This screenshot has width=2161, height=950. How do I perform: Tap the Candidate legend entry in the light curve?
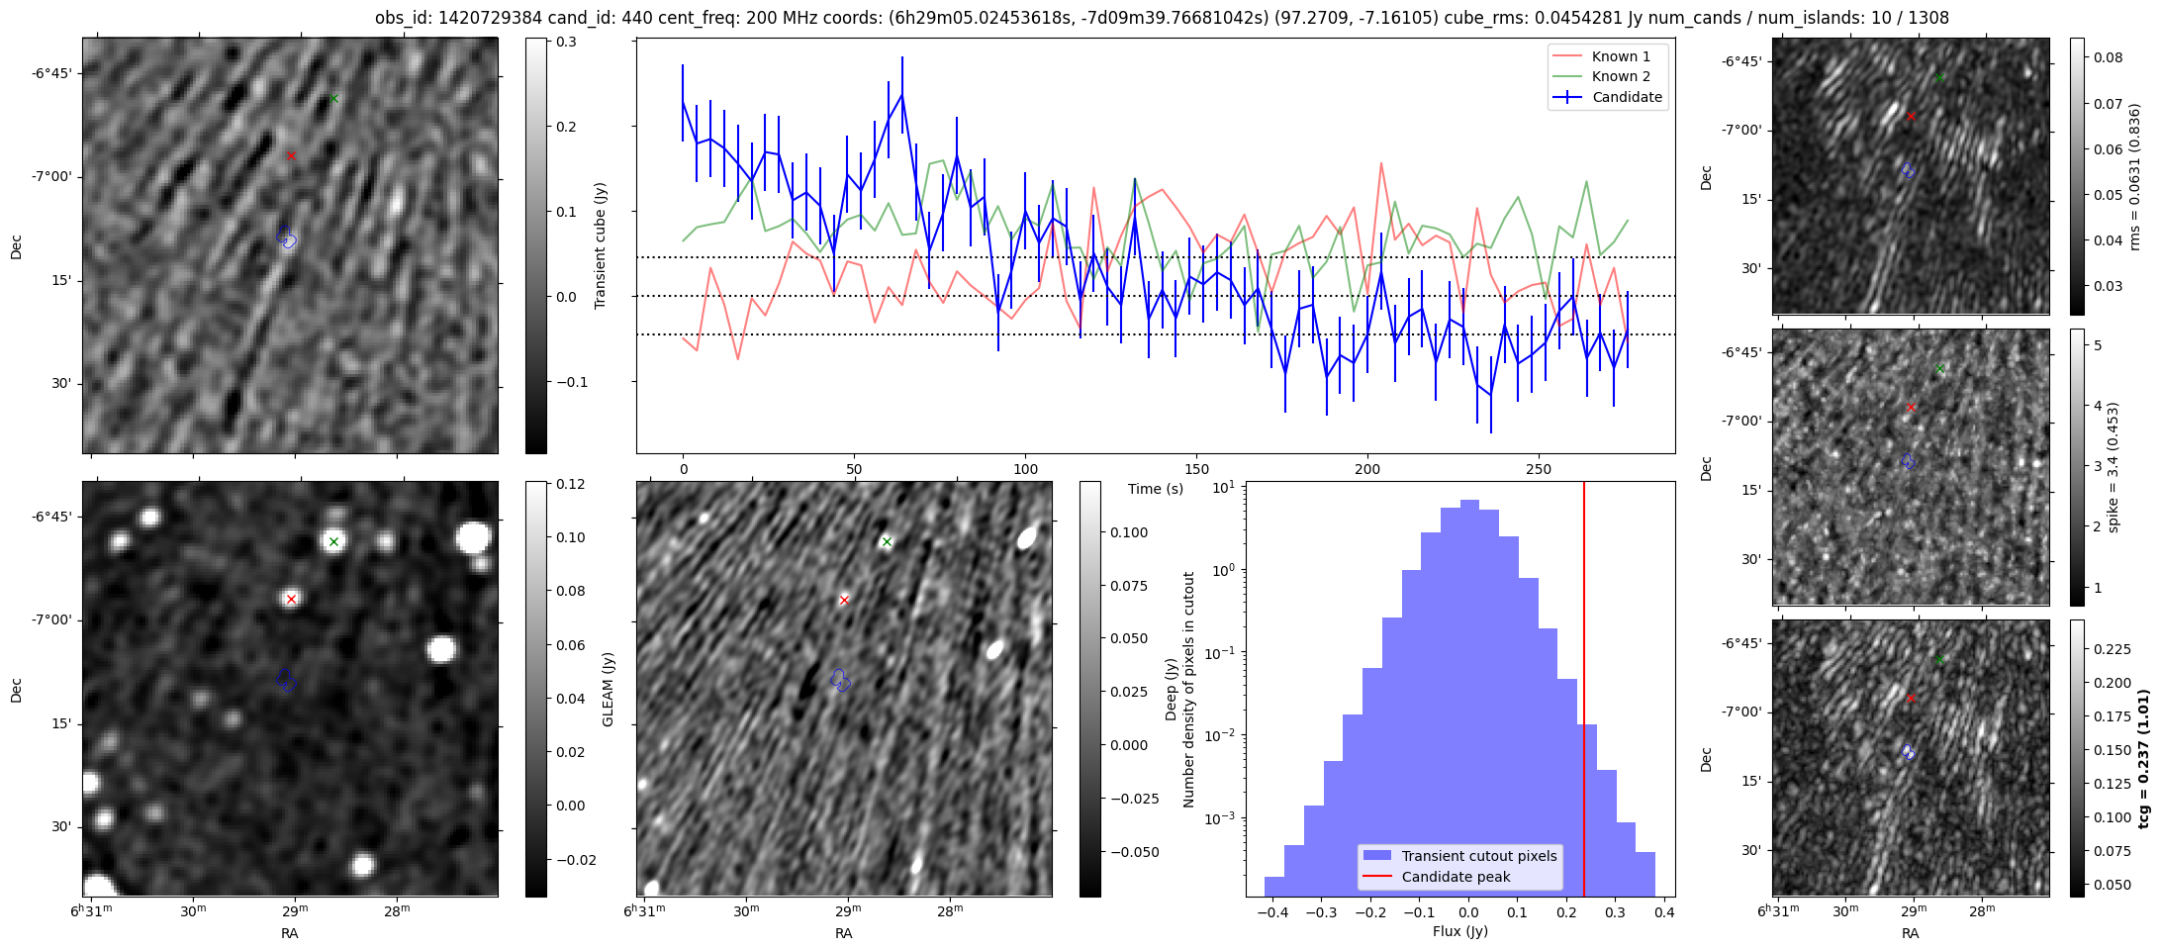[1608, 97]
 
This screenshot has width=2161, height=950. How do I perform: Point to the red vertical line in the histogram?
[1584, 689]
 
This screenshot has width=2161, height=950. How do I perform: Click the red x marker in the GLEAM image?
[291, 599]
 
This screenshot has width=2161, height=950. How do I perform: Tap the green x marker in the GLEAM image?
[334, 541]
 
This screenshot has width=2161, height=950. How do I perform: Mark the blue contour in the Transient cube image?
[287, 237]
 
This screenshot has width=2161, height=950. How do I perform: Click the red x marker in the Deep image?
[844, 600]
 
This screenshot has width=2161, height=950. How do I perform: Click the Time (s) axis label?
[1156, 489]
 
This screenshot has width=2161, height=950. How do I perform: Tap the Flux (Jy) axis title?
[1460, 931]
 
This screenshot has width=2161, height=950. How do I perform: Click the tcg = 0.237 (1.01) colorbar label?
[2143, 759]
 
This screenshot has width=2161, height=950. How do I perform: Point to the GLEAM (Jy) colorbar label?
[608, 689]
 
